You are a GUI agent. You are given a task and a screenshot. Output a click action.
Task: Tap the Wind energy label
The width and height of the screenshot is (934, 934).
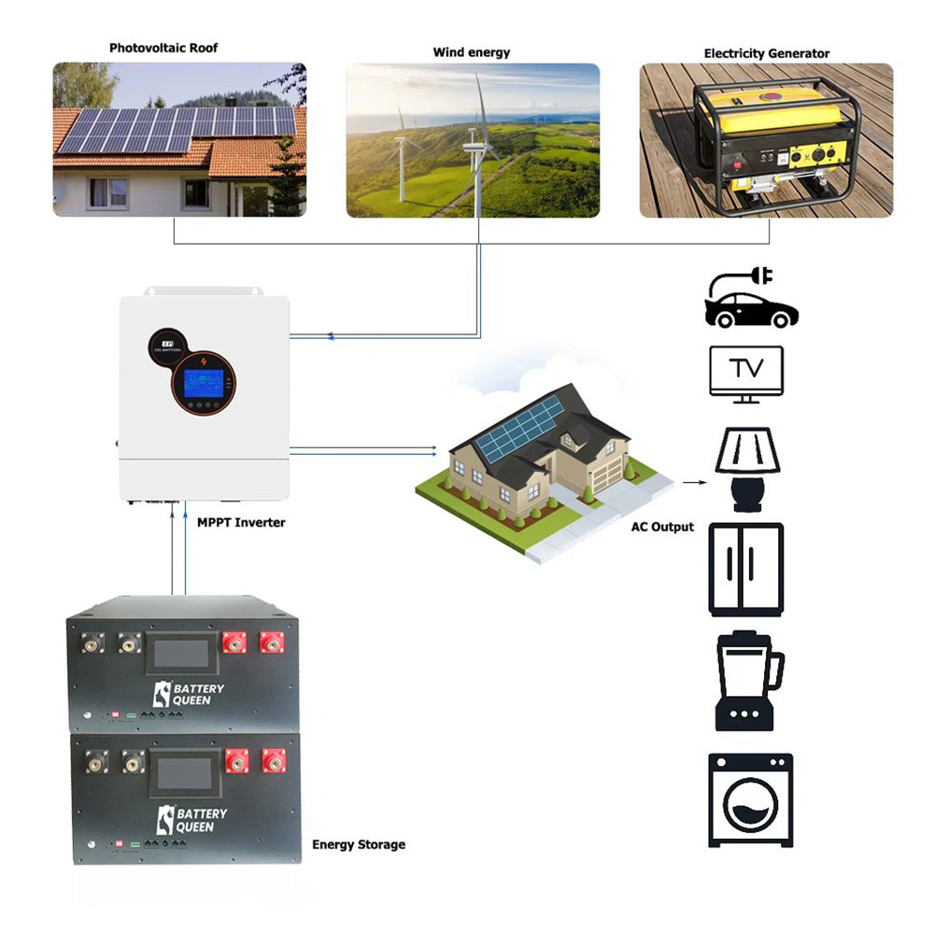[472, 52]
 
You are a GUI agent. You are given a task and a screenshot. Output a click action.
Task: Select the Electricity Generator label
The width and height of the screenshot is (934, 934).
[766, 53]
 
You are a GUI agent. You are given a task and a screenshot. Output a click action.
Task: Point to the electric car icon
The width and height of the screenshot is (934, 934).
[752, 298]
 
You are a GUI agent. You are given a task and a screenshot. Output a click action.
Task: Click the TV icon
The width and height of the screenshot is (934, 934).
[746, 374]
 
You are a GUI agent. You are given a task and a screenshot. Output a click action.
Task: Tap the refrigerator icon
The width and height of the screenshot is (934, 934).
[745, 569]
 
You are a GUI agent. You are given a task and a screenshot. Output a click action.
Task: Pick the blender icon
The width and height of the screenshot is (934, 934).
[747, 682]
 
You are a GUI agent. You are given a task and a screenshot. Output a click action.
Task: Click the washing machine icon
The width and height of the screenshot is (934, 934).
[749, 800]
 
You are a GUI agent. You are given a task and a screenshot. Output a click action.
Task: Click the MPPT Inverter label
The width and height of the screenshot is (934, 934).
[241, 522]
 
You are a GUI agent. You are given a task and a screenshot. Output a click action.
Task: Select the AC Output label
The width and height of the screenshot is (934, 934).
[662, 527]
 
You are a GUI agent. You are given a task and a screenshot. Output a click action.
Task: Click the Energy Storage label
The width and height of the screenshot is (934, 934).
[359, 844]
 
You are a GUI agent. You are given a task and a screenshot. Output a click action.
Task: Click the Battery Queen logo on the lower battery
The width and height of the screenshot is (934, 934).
[189, 819]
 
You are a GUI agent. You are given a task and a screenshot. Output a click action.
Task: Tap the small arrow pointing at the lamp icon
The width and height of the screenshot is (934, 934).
[692, 483]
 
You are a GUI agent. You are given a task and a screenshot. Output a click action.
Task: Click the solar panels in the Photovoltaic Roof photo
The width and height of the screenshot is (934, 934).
[177, 130]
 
